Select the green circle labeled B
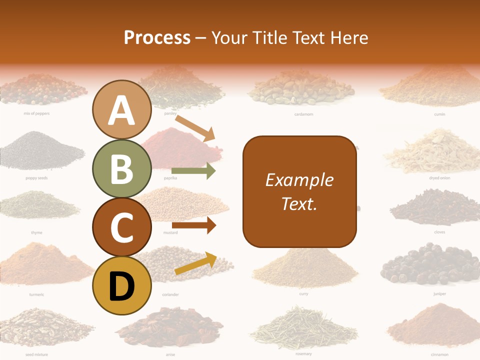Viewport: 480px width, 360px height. (x=122, y=169)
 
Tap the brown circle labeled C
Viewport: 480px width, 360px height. (x=122, y=227)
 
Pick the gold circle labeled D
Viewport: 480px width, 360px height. (x=122, y=286)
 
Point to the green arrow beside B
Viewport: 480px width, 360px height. (x=193, y=171)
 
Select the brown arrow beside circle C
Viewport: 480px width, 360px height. (x=193, y=225)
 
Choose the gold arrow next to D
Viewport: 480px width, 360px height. (x=195, y=263)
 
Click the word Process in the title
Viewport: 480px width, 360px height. (x=157, y=37)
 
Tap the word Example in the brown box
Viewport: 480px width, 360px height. (x=299, y=180)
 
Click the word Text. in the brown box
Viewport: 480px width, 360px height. (x=299, y=203)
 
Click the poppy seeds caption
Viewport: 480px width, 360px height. (x=36, y=178)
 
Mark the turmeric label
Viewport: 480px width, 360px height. (x=36, y=294)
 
